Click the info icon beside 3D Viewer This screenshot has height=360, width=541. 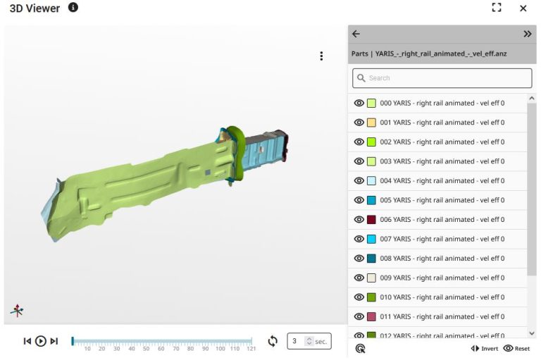click(x=73, y=8)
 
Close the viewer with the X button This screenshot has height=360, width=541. click(x=523, y=8)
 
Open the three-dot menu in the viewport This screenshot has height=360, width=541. click(x=321, y=56)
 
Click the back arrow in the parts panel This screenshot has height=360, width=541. click(x=356, y=34)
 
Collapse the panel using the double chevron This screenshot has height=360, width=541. click(x=527, y=34)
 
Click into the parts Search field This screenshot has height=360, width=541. click(x=442, y=78)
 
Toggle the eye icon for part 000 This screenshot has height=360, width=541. click(x=359, y=103)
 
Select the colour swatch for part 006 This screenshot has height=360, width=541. click(x=371, y=219)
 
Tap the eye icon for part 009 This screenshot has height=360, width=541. click(x=359, y=278)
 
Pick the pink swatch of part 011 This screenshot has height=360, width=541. click(x=371, y=316)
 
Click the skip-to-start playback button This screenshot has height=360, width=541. click(x=27, y=341)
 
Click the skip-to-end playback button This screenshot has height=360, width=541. click(x=54, y=341)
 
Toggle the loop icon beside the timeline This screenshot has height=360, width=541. click(x=273, y=341)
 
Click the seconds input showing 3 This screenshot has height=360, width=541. click(x=296, y=341)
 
